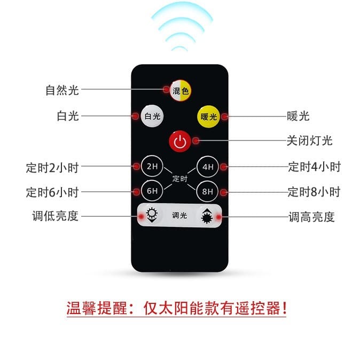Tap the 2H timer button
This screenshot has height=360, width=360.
click(152, 166)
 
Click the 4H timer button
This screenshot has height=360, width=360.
click(208, 167)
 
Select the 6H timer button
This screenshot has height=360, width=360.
click(152, 191)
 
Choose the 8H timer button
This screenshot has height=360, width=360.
click(207, 191)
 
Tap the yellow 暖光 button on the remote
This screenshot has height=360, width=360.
click(208, 116)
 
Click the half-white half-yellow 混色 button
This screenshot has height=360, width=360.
click(181, 91)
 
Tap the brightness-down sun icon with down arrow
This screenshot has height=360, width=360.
click(152, 215)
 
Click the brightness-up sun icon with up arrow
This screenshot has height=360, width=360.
click(207, 216)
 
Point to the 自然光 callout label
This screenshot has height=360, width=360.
click(62, 90)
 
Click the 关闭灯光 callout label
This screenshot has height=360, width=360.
click(309, 140)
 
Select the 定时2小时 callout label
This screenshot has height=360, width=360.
click(52, 168)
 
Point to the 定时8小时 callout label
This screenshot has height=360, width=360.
click(314, 192)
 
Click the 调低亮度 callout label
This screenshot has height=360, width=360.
click(56, 216)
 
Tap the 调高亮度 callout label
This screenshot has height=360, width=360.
click(311, 217)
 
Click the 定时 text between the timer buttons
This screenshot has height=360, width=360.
click(180, 178)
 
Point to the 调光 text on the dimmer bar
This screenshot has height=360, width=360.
click(179, 215)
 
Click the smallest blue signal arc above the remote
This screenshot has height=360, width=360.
click(179, 48)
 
